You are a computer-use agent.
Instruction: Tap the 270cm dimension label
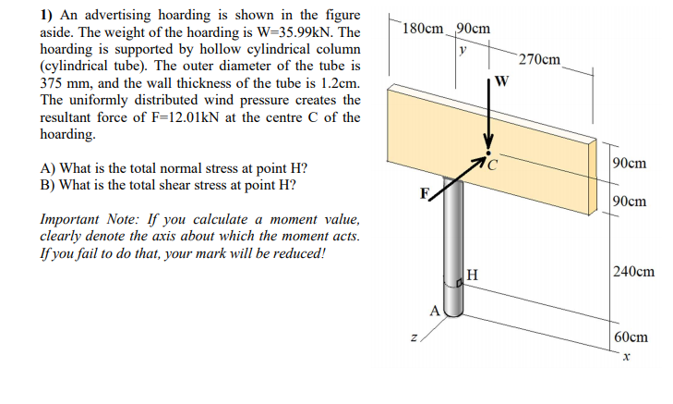tap(539, 60)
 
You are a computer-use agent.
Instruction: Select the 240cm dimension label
tap(632, 272)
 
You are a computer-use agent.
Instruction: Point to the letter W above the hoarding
tap(500, 79)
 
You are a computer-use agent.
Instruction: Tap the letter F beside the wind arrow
tap(424, 194)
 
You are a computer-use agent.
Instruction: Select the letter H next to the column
tap(472, 274)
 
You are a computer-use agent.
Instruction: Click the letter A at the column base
tap(432, 310)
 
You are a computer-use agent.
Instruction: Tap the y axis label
tap(463, 48)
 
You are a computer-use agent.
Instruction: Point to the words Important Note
tap(89, 220)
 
